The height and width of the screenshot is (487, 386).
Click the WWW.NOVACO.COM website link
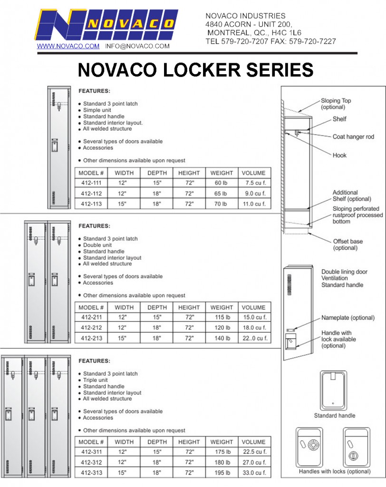pos(68,46)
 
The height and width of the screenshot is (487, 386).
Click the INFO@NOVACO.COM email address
pos(137,46)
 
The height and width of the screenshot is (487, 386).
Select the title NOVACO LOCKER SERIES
pos(195,70)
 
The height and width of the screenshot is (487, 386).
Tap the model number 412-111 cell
pos(91,183)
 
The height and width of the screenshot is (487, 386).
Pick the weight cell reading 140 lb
pos(222,338)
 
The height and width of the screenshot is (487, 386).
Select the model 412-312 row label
pos(91,462)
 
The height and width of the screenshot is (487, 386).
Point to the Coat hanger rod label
pos(353,137)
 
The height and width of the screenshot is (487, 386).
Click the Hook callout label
pos(339,155)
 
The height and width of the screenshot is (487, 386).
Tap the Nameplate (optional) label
pos(347,318)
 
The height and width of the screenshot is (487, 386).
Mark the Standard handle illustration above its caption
pos(333,390)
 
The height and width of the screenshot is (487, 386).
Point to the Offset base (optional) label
pos(347,244)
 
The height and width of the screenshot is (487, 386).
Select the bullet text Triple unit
pos(95,380)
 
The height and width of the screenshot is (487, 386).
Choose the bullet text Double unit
pos(96,245)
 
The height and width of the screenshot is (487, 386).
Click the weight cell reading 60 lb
pos(222,183)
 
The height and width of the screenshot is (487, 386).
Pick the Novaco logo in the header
pos(106,25)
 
